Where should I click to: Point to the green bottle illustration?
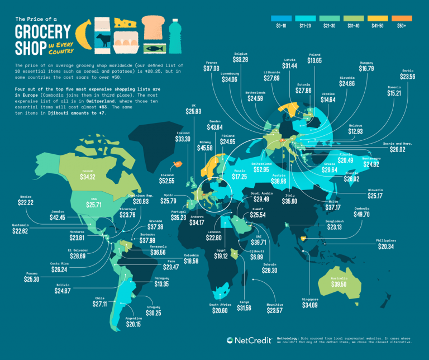[x=175, y=36]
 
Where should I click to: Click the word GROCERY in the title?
[x=41, y=30]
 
